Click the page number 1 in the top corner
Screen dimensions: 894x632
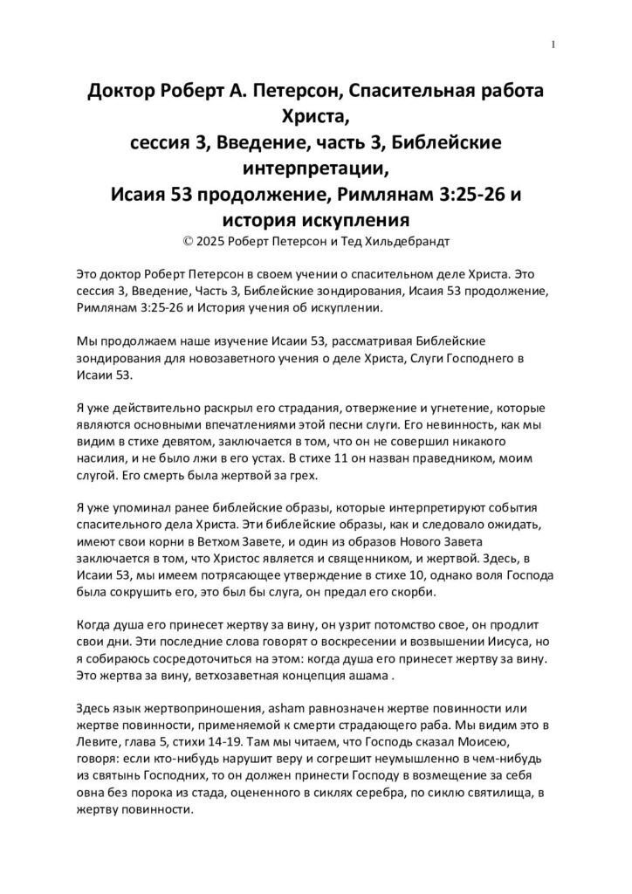(554, 45)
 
